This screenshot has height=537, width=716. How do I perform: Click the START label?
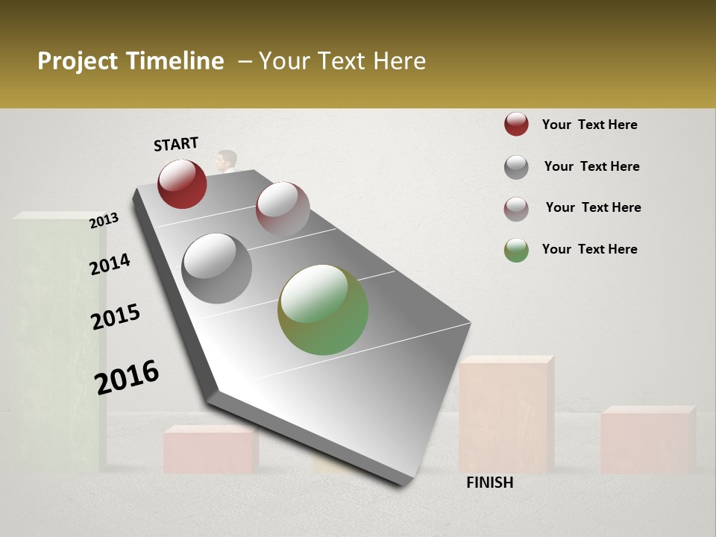click(x=176, y=144)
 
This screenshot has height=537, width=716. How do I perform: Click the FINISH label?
click(x=489, y=483)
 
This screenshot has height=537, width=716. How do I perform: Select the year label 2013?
click(x=104, y=221)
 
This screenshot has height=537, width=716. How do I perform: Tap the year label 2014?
click(x=110, y=264)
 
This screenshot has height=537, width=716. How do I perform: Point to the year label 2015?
click(x=116, y=317)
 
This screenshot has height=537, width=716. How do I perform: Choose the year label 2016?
click(x=127, y=377)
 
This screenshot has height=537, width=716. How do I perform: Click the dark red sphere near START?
click(x=182, y=183)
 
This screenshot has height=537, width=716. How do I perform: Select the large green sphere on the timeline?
click(x=323, y=310)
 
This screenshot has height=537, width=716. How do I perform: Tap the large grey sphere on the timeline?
click(x=216, y=268)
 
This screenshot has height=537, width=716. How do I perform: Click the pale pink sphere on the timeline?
click(x=283, y=209)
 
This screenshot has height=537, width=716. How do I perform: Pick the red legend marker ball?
click(x=516, y=125)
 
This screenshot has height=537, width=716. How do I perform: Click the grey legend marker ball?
click(x=516, y=167)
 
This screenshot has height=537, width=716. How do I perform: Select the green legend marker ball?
click(x=516, y=250)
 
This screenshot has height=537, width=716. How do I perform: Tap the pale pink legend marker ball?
click(x=516, y=208)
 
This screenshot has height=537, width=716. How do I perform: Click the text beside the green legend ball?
click(x=589, y=249)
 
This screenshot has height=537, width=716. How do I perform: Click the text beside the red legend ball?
click(x=589, y=125)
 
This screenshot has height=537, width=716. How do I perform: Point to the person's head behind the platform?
click(x=227, y=160)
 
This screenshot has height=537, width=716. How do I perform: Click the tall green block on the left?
click(x=56, y=336)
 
